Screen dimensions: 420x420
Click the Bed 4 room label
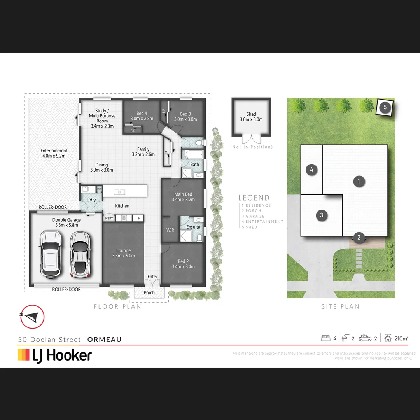click(x=142, y=114)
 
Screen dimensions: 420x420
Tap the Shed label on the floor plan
click(x=251, y=114)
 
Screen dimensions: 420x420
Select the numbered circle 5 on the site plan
click(x=385, y=107)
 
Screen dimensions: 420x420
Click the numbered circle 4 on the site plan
click(x=312, y=170)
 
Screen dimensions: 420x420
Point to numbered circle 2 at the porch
click(x=359, y=237)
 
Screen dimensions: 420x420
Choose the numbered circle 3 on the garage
click(x=322, y=215)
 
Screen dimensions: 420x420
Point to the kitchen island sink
click(x=119, y=191)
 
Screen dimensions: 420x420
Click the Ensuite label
click(x=193, y=227)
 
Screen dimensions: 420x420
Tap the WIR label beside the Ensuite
click(x=170, y=230)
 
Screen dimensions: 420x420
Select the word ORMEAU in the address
click(x=105, y=339)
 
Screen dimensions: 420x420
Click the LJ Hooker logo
click(x=55, y=355)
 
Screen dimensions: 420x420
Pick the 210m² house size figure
click(x=401, y=338)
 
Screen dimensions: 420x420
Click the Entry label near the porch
click(x=152, y=277)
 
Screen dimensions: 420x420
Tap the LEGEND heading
click(x=254, y=198)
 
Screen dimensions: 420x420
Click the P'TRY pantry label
click(x=108, y=219)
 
